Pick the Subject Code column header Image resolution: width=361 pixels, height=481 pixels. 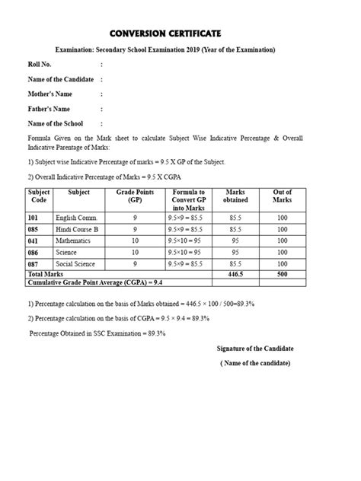click(39, 199)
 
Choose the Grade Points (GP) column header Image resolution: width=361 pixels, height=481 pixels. click(134, 199)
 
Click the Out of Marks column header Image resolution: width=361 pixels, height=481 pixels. click(283, 199)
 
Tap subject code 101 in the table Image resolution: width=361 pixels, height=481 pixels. click(34, 217)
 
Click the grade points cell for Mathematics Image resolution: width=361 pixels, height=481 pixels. click(134, 240)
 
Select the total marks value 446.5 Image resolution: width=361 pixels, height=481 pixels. click(235, 272)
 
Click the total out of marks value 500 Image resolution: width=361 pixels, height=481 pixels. click(283, 272)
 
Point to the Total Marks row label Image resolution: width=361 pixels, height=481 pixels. click(46, 272)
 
